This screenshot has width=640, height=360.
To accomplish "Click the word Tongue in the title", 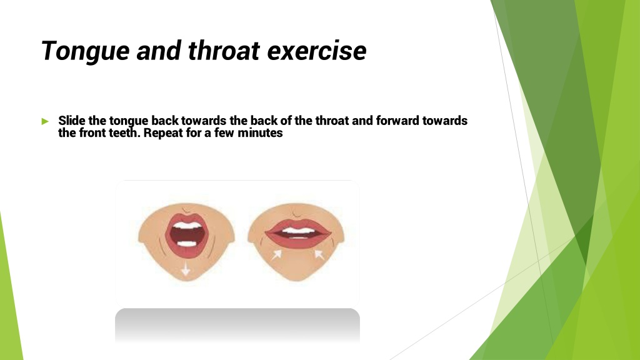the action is [86, 51].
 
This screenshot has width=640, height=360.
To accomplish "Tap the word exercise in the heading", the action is [317, 51].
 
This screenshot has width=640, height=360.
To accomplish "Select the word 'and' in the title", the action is [159, 51].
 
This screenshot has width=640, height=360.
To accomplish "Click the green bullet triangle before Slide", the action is [45, 121].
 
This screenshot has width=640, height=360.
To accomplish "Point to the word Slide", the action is [72, 121].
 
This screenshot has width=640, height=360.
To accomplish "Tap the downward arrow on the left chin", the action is [186, 268].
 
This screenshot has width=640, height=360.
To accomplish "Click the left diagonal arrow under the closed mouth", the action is [276, 255].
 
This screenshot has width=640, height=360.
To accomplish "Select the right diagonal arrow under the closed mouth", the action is [319, 255].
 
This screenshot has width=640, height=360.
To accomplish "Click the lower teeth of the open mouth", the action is [187, 244].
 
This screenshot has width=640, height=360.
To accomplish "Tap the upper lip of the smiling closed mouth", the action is [298, 225].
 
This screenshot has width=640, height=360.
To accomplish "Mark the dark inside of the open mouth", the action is [187, 235].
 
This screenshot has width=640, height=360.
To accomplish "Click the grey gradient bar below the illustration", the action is [237, 325].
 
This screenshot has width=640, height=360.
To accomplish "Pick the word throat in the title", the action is [224, 51].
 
